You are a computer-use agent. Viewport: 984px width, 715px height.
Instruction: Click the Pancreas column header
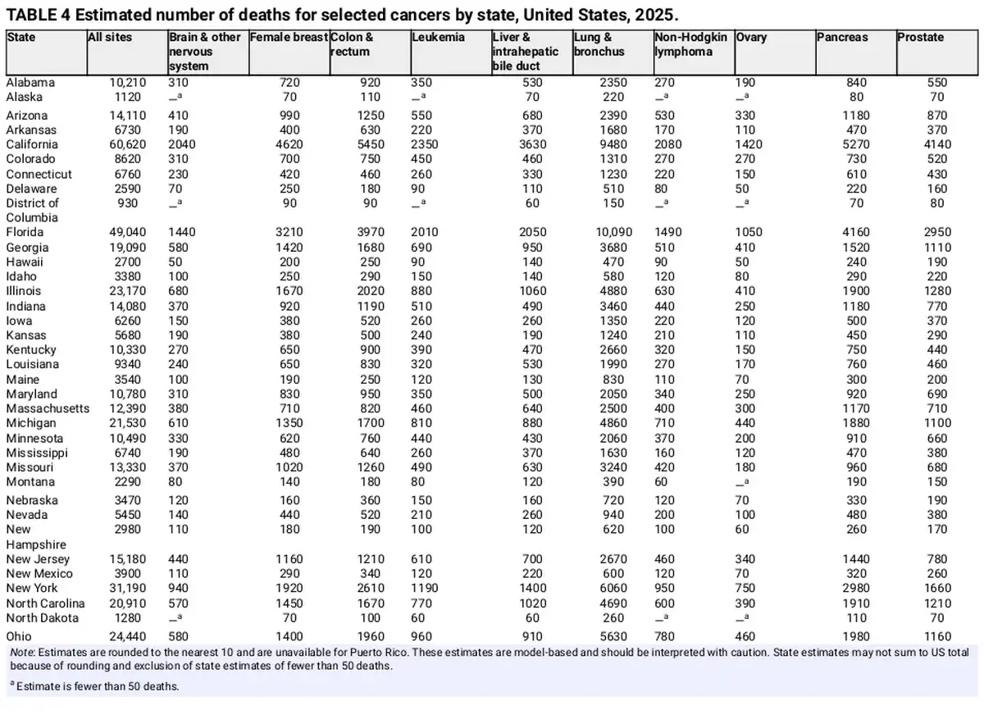tap(841, 38)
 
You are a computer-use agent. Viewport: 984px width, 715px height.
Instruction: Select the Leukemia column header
tap(438, 38)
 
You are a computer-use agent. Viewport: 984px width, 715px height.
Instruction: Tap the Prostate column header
tap(920, 38)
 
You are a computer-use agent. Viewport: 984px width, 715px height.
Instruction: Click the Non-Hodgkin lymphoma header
tap(690, 44)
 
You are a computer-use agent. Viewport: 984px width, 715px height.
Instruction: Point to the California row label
tap(32, 144)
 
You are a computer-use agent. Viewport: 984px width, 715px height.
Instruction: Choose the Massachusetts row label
tap(48, 408)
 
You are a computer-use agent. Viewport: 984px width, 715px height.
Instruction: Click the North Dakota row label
tap(42, 618)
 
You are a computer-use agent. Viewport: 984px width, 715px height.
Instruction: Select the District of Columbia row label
tap(32, 211)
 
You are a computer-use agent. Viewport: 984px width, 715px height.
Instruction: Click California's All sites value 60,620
tap(127, 144)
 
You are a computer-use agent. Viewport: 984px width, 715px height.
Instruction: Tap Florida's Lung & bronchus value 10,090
tap(613, 232)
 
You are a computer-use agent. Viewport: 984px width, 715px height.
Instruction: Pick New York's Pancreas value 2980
tap(856, 588)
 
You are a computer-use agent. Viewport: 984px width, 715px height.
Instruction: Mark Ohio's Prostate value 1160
tap(937, 636)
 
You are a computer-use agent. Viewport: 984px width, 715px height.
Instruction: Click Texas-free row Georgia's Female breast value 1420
tap(289, 248)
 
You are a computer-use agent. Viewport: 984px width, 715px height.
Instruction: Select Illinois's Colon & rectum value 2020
tap(371, 291)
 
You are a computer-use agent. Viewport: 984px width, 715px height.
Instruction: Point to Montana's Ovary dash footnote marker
tap(742, 482)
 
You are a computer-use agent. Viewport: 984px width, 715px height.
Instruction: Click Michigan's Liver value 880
tap(532, 423)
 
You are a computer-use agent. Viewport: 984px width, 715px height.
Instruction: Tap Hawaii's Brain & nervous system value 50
tap(175, 262)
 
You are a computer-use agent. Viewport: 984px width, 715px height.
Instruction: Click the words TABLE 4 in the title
tap(38, 15)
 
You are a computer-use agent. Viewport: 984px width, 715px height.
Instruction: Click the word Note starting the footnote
tap(23, 652)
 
